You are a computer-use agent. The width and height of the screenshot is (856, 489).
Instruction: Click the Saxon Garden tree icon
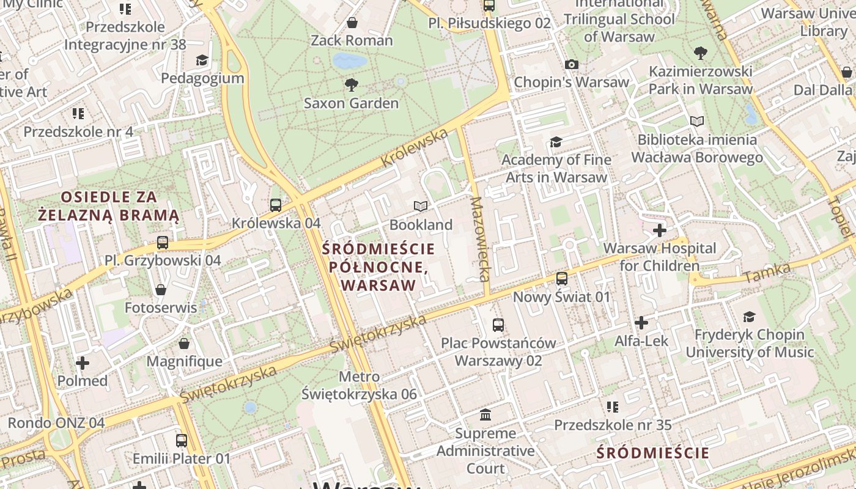pos(351,85)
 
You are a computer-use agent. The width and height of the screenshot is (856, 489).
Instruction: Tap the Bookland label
pos(421,225)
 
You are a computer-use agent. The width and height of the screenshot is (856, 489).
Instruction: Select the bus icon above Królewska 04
pos(276,205)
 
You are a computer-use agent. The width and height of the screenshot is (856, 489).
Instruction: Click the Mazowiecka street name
pos(481,238)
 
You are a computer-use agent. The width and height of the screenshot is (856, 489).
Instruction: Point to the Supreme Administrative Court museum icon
pos(485,415)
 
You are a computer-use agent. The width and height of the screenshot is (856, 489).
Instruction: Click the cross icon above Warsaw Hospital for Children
pos(659,230)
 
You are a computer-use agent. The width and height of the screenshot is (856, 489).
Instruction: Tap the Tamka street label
pos(767,273)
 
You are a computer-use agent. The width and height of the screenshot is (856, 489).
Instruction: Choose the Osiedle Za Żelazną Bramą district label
pos(109,206)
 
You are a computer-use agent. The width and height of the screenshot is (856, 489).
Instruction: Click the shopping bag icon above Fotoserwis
pos(161,289)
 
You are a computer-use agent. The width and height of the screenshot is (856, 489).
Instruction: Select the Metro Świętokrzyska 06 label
pos(360,386)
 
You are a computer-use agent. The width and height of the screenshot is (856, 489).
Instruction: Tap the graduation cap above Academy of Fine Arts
pos(555,142)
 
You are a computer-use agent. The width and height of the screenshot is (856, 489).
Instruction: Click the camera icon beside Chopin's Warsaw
pos(572,64)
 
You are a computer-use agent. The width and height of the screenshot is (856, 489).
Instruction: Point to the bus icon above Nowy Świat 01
pos(561,279)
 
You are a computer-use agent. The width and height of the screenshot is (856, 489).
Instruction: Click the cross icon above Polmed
pos(82,363)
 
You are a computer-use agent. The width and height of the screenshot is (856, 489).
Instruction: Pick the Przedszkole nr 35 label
pos(613,425)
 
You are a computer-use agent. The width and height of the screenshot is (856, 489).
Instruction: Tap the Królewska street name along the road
pos(414,149)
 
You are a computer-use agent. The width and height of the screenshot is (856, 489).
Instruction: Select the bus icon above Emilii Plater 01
pos(182,440)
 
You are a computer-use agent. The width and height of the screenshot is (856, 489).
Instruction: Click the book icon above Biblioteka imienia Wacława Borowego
pos(696,121)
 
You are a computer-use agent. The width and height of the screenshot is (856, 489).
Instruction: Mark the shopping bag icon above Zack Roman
pos(352,23)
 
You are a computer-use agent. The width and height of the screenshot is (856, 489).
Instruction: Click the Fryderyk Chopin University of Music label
pos(750,344)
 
